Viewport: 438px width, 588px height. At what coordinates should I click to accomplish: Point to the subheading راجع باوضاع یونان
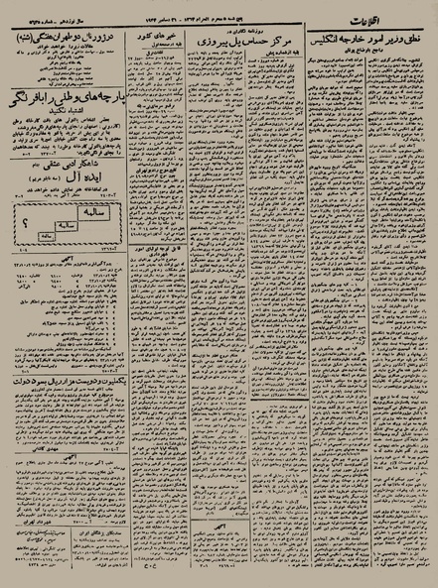coord(376,50)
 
